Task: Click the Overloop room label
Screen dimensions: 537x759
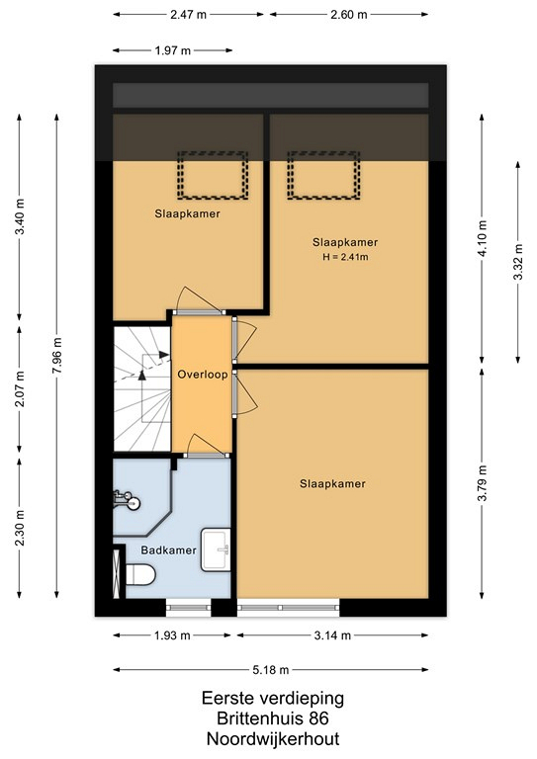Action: pyautogui.click(x=203, y=375)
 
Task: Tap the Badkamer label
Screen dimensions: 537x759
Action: pyautogui.click(x=168, y=550)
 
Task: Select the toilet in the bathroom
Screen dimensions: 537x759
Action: pyautogui.click(x=140, y=574)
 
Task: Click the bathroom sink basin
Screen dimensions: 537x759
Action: pyautogui.click(x=216, y=549)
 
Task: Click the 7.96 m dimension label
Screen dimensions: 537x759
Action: pyautogui.click(x=57, y=356)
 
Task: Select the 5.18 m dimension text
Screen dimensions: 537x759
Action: pyautogui.click(x=271, y=670)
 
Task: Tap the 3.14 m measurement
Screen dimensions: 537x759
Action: pyautogui.click(x=332, y=635)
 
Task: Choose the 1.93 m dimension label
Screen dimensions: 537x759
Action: pyautogui.click(x=172, y=635)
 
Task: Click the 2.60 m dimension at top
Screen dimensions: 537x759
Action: pyautogui.click(x=349, y=15)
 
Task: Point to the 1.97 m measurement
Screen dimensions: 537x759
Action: pyautogui.click(x=173, y=50)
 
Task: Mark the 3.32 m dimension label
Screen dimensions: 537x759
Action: pyautogui.click(x=518, y=262)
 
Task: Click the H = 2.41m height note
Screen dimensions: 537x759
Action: pyautogui.click(x=346, y=257)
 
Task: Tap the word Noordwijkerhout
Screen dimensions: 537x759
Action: pyautogui.click(x=273, y=739)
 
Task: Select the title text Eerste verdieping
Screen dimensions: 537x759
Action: pyautogui.click(x=273, y=698)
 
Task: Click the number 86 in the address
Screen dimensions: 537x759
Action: pyautogui.click(x=319, y=718)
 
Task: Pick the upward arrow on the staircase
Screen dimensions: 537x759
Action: pyautogui.click(x=141, y=375)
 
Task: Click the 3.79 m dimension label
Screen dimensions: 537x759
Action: pyautogui.click(x=483, y=484)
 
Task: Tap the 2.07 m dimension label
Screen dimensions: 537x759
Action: pyautogui.click(x=20, y=389)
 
